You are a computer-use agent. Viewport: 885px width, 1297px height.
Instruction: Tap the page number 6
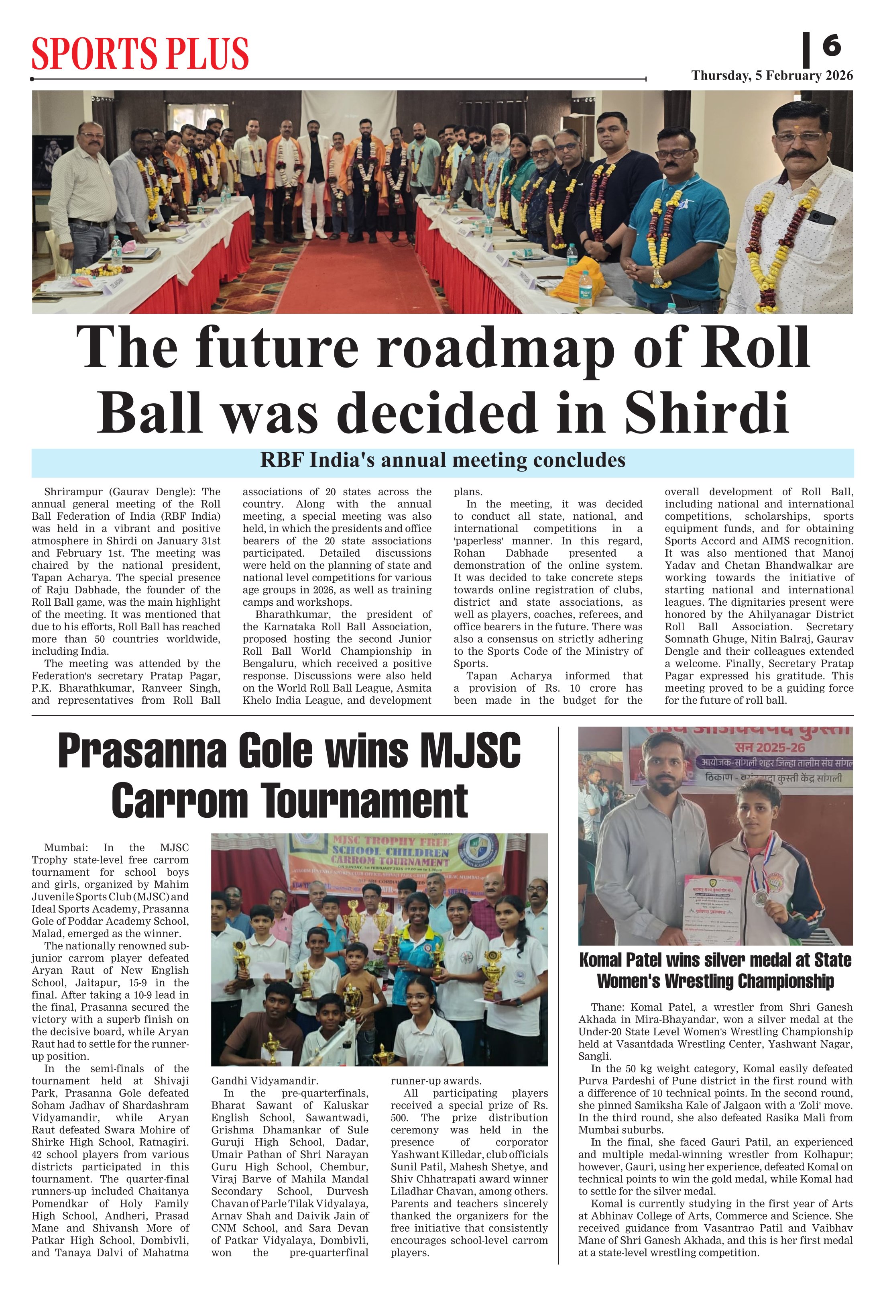(x=832, y=45)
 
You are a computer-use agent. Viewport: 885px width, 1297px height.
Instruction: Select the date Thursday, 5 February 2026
(x=772, y=76)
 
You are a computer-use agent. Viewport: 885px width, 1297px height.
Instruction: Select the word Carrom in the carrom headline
(x=179, y=801)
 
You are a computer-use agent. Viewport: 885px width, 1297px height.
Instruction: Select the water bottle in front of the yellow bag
(x=584, y=290)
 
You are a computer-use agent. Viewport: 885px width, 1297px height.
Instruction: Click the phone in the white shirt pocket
(x=822, y=217)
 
